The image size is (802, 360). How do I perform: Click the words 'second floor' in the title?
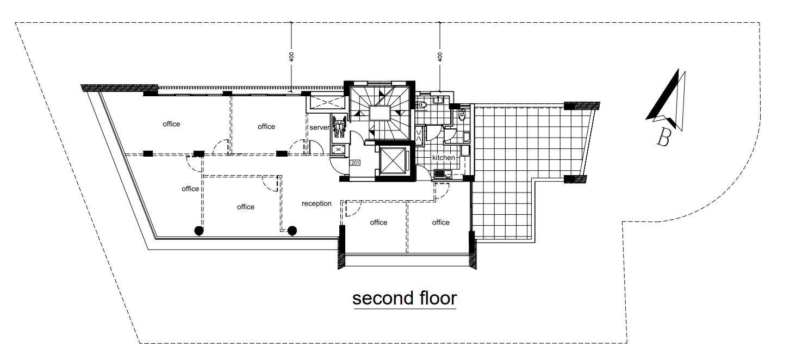coord(405,299)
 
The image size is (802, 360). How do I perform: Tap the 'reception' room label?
coord(316,203)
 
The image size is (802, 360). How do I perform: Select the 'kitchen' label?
coord(443,158)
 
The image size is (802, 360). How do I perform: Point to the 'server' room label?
coord(319,127)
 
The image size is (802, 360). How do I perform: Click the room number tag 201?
coord(355,163)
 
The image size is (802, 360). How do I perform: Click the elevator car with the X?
coord(393,160)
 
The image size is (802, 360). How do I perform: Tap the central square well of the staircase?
coord(380,113)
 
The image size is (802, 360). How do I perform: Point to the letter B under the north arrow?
coord(663,138)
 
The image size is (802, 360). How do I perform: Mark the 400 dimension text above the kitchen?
coord(440,57)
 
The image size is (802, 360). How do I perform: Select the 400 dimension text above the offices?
coord(291,57)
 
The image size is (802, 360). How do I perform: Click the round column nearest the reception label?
coord(292,231)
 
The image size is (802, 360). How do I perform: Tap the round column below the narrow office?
coord(199,231)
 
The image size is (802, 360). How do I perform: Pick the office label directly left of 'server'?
coord(266,127)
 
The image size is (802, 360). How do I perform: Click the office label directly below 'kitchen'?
coord(441,222)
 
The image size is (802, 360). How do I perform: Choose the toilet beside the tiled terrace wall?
coord(462,115)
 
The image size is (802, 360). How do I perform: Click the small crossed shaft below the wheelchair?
coord(338,150)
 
